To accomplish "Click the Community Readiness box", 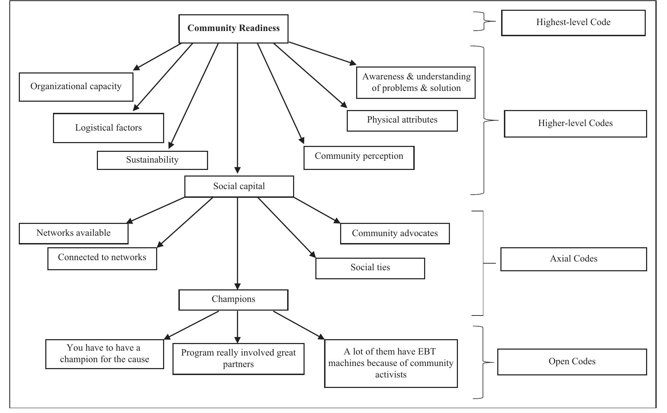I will click(x=233, y=29).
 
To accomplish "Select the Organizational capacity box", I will click(x=76, y=87).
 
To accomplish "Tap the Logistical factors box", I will click(x=108, y=128).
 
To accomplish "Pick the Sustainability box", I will click(x=152, y=160).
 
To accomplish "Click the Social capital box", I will click(x=239, y=186).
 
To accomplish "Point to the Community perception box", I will click(x=359, y=158).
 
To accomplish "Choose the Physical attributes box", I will click(x=402, y=120).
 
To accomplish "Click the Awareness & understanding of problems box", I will click(x=416, y=83).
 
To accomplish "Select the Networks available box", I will click(x=74, y=233).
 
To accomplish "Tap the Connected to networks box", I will click(x=102, y=258).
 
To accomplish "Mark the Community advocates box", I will click(x=395, y=233).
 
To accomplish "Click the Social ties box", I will click(x=370, y=268).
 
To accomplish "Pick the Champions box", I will click(x=233, y=299).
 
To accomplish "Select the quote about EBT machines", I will click(x=391, y=363).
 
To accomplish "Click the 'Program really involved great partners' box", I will click(x=238, y=359).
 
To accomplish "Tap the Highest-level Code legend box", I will click(x=573, y=23).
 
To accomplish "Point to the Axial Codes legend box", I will click(x=574, y=259).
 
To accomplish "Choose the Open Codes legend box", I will click(x=572, y=362).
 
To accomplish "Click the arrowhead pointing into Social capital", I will click(x=237, y=171).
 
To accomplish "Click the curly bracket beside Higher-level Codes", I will click(x=484, y=120).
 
